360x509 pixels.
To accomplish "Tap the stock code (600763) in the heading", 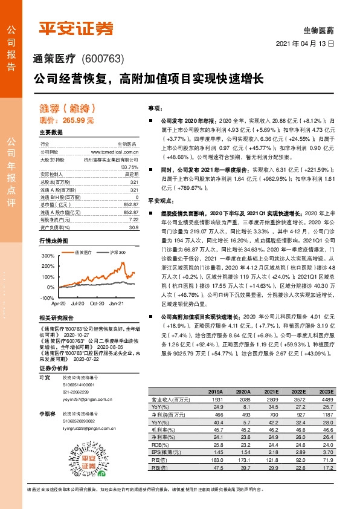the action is [101, 59].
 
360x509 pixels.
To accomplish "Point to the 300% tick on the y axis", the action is [47, 256].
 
